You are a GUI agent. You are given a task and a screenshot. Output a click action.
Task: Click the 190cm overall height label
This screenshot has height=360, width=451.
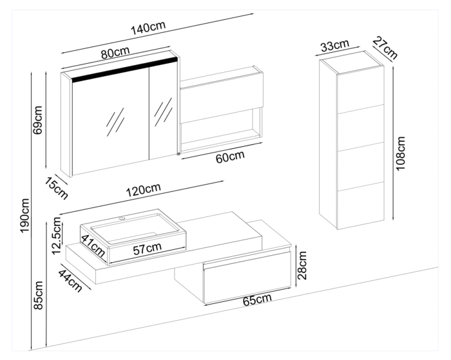(x=24, y=215)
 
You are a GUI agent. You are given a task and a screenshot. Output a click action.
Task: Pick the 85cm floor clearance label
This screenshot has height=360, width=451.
(x=38, y=293)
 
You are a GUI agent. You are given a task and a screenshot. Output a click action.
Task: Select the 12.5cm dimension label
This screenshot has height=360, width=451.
(x=56, y=236)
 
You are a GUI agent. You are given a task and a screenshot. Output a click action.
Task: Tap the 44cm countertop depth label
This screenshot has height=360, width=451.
(x=70, y=280)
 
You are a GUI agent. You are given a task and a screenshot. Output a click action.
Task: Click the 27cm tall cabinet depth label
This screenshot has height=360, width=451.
(x=383, y=46)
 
